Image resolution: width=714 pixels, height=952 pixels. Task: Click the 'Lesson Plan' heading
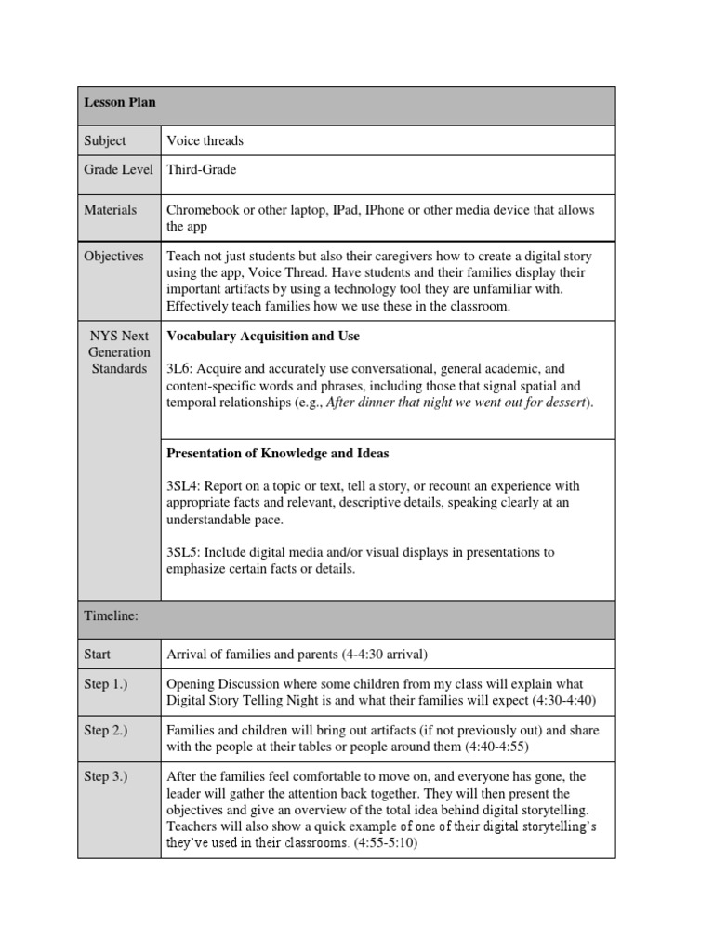coord(119,102)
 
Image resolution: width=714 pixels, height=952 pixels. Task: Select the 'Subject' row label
coord(104,141)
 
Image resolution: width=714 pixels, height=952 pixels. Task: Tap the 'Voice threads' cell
coord(205,141)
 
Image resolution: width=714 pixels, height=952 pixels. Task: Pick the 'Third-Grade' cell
coord(201,170)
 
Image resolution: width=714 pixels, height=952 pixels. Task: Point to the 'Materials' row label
coord(110,210)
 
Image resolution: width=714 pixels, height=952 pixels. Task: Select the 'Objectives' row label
coord(113,256)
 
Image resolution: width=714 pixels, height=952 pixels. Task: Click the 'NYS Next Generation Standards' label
coord(119,352)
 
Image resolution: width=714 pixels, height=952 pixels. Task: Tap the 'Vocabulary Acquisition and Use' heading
coord(262,336)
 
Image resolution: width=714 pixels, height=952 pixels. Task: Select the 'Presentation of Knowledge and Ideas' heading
coord(277,454)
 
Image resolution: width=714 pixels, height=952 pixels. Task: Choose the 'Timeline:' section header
coord(111,616)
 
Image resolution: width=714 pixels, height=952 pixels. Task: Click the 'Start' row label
coord(98,654)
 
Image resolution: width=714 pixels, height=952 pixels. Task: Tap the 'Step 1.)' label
coord(106,684)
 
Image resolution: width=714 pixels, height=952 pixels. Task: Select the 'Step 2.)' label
coord(106,731)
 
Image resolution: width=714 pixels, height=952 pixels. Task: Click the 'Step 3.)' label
coord(106,777)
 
